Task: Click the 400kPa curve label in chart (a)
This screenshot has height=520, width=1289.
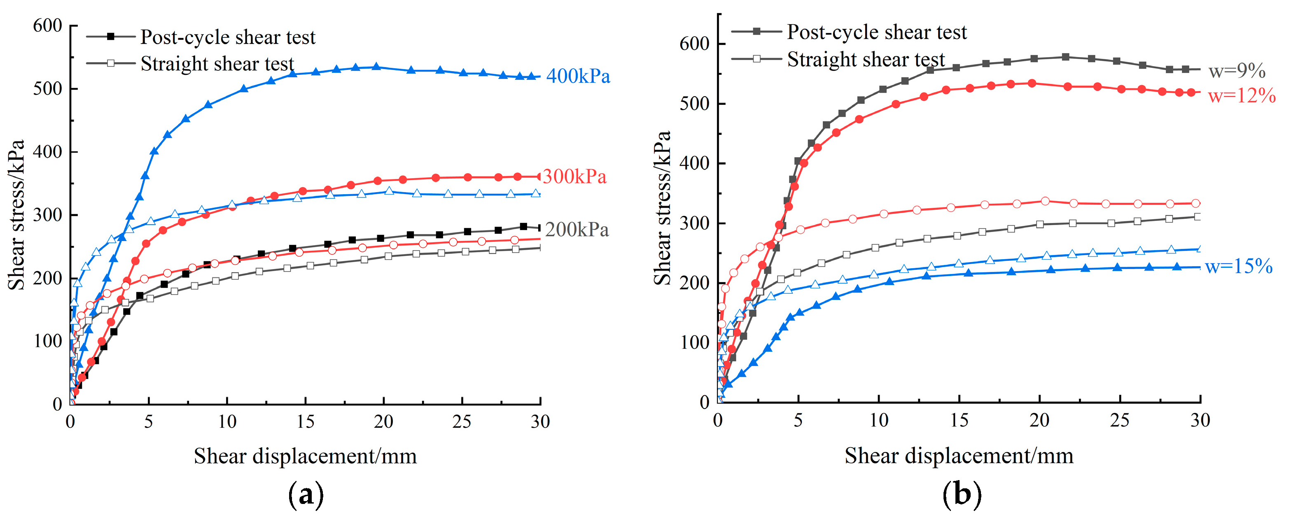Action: (x=578, y=77)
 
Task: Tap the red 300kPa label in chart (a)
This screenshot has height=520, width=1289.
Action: (x=574, y=176)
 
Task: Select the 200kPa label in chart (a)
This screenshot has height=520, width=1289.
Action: (x=577, y=230)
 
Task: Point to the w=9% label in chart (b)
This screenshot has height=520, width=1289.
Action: (x=1237, y=72)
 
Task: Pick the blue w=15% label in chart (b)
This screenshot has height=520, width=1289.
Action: (x=1238, y=267)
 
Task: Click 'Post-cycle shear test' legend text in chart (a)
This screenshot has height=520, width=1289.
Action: (x=228, y=37)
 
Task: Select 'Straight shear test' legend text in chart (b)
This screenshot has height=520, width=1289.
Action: (x=866, y=60)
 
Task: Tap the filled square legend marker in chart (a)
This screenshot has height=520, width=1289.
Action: (x=111, y=37)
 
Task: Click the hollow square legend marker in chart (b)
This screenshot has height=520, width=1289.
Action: (x=756, y=59)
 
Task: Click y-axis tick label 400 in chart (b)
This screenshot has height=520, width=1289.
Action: (x=695, y=163)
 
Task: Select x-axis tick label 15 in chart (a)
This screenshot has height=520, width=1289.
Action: (x=305, y=422)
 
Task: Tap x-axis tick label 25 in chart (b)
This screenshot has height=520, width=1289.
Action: (x=1119, y=420)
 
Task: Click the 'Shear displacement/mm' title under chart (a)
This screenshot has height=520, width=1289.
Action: (x=305, y=456)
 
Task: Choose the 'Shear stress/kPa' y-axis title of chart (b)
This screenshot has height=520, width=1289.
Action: (x=662, y=207)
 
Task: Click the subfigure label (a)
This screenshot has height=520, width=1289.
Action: (x=306, y=495)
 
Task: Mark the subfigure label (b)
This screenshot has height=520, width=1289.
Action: (x=961, y=495)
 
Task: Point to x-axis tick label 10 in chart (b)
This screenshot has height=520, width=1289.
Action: (x=879, y=420)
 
